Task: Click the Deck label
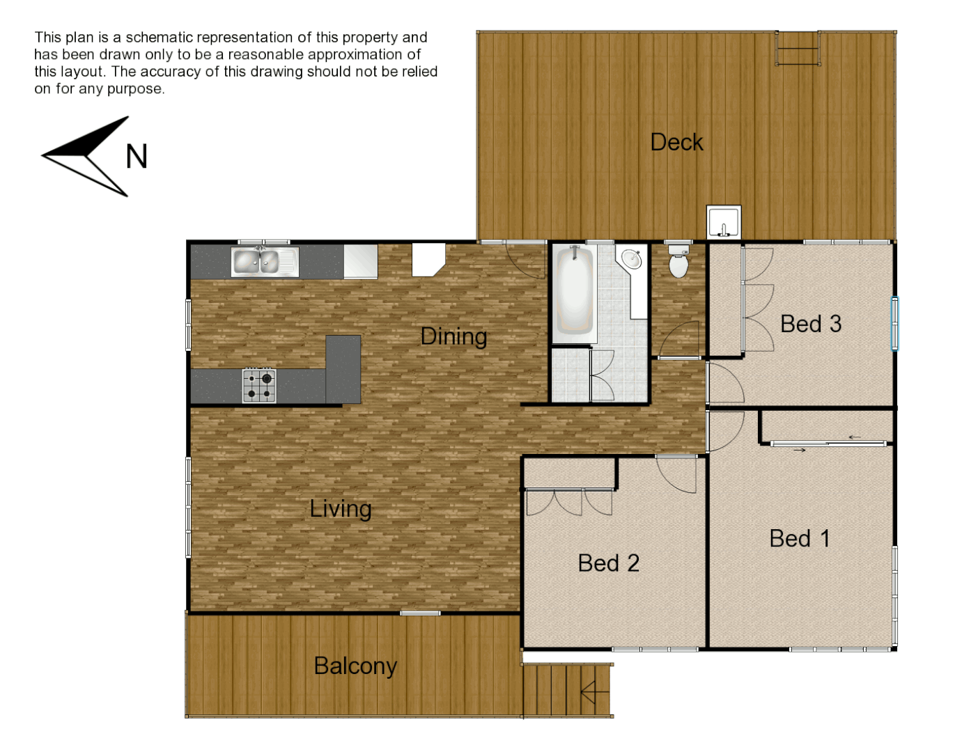(x=676, y=142)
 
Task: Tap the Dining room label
(x=453, y=336)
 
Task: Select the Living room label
(x=341, y=509)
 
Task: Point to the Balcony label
(x=355, y=666)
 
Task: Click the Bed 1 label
(x=799, y=538)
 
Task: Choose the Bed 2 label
(x=608, y=563)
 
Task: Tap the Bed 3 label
(x=811, y=324)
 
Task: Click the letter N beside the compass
(x=137, y=157)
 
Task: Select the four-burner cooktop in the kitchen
(x=259, y=386)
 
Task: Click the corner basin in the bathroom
(x=631, y=258)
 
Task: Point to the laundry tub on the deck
(x=724, y=222)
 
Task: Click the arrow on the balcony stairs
(x=594, y=691)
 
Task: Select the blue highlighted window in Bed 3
(x=895, y=323)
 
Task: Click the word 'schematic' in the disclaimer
(x=163, y=38)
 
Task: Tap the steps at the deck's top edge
(x=798, y=49)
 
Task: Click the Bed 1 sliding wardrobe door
(x=828, y=443)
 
